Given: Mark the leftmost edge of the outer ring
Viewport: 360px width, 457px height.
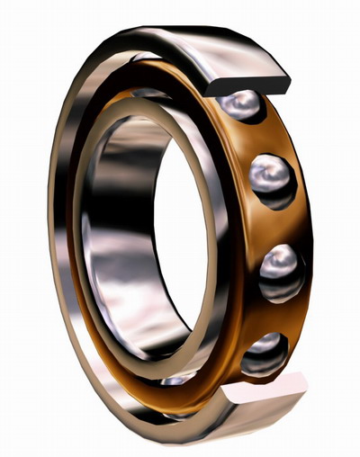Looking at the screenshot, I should pyautogui.click(x=51, y=234).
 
